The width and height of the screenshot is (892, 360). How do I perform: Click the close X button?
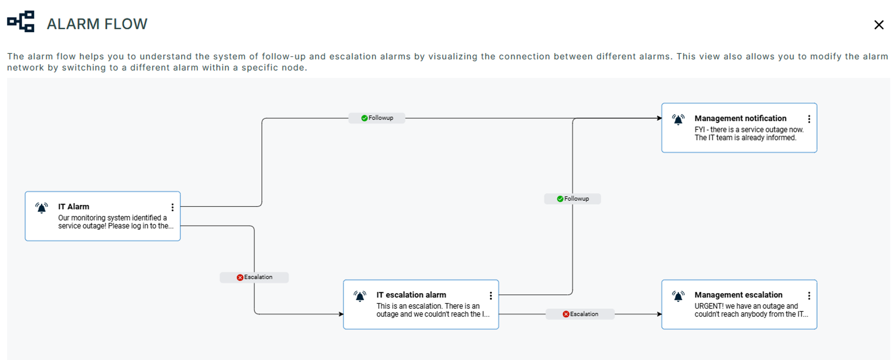click(x=878, y=25)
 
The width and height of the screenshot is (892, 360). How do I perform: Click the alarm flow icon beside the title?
click(x=21, y=22)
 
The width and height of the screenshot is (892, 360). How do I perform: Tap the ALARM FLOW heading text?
click(x=97, y=24)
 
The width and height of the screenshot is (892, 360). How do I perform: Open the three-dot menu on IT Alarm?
click(x=172, y=207)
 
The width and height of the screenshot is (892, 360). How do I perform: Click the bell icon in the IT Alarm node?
click(x=42, y=208)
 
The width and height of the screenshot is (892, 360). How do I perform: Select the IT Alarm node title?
click(x=73, y=206)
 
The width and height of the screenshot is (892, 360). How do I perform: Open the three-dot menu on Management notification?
click(x=809, y=119)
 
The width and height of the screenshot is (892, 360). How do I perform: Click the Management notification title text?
click(x=740, y=118)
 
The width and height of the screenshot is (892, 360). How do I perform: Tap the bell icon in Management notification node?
click(x=678, y=120)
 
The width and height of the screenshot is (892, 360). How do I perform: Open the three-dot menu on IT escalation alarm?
click(x=490, y=295)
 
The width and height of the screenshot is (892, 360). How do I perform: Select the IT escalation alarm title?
click(x=411, y=295)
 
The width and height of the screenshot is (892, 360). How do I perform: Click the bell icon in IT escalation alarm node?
click(x=360, y=296)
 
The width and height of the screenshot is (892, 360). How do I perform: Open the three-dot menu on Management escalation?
click(x=809, y=295)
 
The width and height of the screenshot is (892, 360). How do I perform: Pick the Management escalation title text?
click(x=738, y=295)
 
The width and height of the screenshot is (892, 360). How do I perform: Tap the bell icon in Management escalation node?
click(x=678, y=296)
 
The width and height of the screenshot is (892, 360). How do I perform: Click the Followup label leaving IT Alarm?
click(x=377, y=118)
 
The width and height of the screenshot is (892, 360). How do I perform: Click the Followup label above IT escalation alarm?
click(x=572, y=199)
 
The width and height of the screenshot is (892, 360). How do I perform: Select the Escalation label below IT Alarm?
click(x=254, y=277)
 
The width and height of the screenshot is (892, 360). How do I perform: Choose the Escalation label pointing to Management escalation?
click(x=580, y=314)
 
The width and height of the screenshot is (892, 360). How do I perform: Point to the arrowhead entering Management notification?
click(x=659, y=118)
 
